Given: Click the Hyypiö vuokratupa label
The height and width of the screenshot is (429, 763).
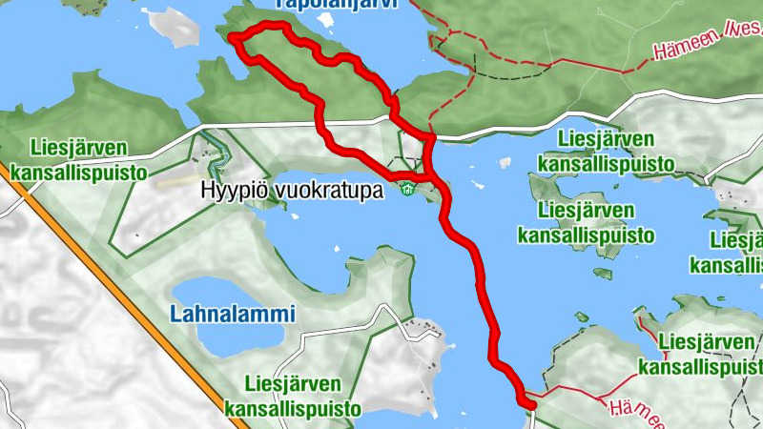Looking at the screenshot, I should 292,191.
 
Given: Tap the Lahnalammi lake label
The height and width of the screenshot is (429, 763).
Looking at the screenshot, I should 234,314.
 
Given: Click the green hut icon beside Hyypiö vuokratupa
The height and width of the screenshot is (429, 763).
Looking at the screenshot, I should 407,189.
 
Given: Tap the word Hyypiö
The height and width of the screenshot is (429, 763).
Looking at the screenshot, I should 230,191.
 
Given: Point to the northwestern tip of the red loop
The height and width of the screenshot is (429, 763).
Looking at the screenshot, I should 233,37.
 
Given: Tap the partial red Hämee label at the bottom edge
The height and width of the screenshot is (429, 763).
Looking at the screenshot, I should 632,412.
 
